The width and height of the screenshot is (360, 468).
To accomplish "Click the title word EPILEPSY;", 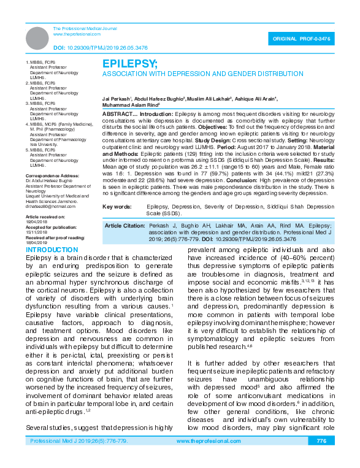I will pos(129,63).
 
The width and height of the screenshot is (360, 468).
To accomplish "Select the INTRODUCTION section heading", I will pos(52,250).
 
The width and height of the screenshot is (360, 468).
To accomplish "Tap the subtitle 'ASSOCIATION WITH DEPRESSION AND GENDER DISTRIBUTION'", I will pos(194,73).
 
